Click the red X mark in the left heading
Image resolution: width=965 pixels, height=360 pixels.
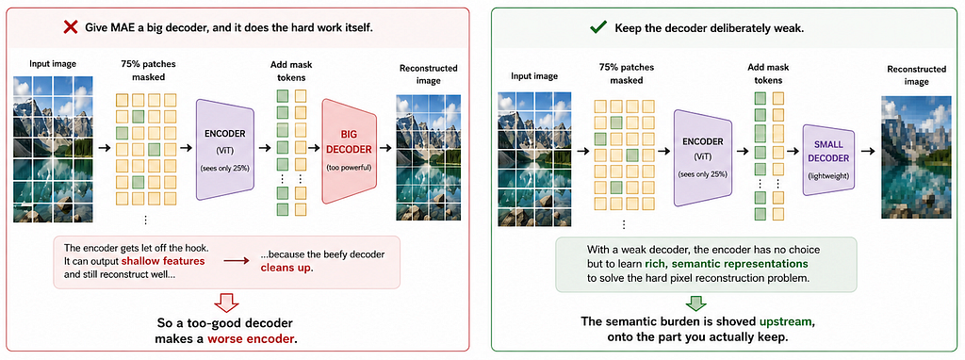click(x=71, y=27)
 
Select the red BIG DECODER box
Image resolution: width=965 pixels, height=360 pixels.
click(x=350, y=151)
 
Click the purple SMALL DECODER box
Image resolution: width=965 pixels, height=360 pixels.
click(x=828, y=158)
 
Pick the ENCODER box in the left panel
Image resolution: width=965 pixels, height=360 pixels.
click(x=225, y=149)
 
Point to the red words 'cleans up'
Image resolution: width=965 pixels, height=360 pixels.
click(x=286, y=268)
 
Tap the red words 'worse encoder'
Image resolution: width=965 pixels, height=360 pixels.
click(x=252, y=338)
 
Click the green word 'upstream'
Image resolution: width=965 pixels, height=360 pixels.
click(x=791, y=322)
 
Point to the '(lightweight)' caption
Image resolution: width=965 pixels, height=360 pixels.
click(x=828, y=176)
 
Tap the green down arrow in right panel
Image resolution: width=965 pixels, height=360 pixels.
click(x=695, y=303)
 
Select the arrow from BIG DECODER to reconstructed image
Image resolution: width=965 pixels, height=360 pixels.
click(x=385, y=148)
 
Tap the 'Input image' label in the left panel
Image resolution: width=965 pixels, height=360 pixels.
click(x=53, y=63)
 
